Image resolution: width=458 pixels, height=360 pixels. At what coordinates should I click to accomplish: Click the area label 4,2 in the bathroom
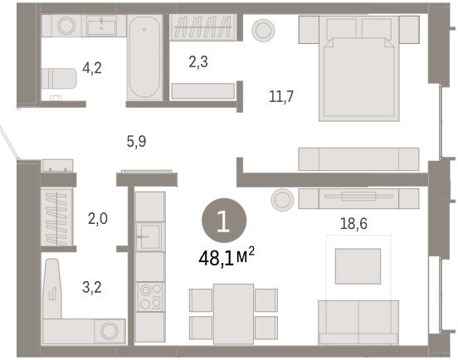pyautogui.click(x=92, y=68)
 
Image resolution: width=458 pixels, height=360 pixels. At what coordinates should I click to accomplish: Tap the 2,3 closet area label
pyautogui.click(x=198, y=62)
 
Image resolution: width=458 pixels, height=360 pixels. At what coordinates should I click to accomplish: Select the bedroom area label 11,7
pyautogui.click(x=281, y=96)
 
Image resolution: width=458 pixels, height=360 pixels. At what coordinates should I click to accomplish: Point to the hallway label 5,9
pyautogui.click(x=136, y=142)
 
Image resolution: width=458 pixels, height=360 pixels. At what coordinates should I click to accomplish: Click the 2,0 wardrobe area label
pyautogui.click(x=98, y=219)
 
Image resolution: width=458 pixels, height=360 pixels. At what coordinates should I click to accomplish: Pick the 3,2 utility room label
pyautogui.click(x=92, y=287)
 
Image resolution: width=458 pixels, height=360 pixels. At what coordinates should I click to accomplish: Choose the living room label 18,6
pyautogui.click(x=353, y=224)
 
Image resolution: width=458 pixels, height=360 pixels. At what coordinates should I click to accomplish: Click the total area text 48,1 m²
pyautogui.click(x=227, y=257)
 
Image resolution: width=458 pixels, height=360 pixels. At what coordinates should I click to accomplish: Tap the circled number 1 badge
pyautogui.click(x=224, y=221)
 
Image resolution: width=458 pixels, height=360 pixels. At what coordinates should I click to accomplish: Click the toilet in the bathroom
pyautogui.click(x=59, y=78)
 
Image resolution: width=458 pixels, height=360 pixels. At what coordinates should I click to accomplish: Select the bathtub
pyautogui.click(x=144, y=58)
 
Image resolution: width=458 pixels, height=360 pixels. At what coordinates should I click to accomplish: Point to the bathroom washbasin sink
pyautogui.click(x=101, y=26)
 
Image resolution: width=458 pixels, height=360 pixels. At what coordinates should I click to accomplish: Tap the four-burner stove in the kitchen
pyautogui.click(x=150, y=297)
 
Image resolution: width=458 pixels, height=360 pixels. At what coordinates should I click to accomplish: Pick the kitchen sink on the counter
pyautogui.click(x=149, y=236)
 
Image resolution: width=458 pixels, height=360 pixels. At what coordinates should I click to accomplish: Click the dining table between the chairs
pyautogui.click(x=233, y=314)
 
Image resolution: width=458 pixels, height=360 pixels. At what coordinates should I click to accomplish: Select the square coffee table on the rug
pyautogui.click(x=358, y=266)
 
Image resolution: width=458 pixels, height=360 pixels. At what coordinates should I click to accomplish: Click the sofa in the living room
pyautogui.click(x=358, y=323)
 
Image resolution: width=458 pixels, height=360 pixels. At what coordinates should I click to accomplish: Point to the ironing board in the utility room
pyautogui.click(x=52, y=288)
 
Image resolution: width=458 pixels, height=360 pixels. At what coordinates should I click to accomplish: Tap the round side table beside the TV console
pyautogui.click(x=282, y=200)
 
